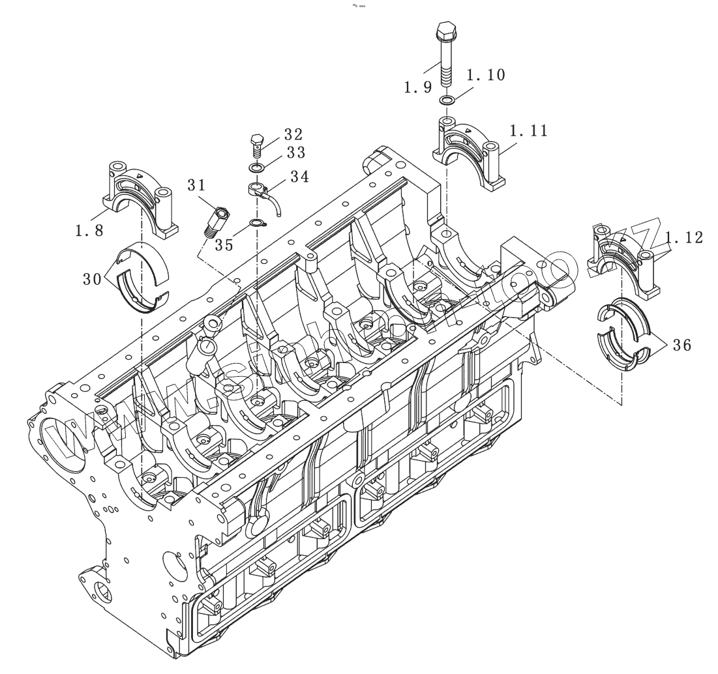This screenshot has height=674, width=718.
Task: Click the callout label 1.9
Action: [x=418, y=87]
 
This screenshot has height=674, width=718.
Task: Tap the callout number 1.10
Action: [x=486, y=75]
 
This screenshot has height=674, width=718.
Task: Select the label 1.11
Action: [x=528, y=131]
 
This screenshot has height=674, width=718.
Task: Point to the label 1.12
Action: [x=684, y=239]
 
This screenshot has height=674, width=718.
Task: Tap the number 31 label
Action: [x=197, y=186]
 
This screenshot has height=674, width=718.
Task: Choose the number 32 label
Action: [x=293, y=135]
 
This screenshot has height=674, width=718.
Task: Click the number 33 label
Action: [x=293, y=153]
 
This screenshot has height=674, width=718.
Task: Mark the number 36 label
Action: [x=681, y=345]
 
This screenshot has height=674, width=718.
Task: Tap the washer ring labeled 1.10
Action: [x=446, y=100]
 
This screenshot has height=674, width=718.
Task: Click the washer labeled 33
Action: [x=256, y=169]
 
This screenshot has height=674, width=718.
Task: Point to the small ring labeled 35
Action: [x=258, y=225]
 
